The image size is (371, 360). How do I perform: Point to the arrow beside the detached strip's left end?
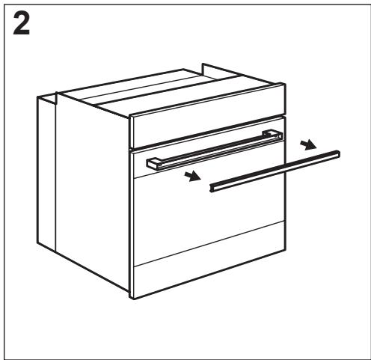pyautogui.click(x=194, y=176)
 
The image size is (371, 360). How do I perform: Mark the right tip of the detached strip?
pyautogui.click(x=339, y=153)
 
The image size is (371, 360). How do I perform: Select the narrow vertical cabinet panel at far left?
pyautogui.click(x=46, y=172)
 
